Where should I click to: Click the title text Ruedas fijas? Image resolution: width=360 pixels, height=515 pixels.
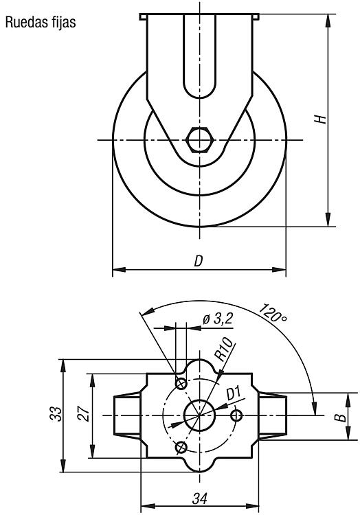click(41, 23)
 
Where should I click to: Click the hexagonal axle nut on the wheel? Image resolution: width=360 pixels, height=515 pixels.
click(200, 140)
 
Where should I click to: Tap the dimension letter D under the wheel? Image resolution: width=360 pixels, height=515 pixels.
click(198, 261)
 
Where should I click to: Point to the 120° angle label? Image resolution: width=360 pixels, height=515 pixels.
click(273, 314)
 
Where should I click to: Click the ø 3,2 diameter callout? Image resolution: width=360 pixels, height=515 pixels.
click(218, 319)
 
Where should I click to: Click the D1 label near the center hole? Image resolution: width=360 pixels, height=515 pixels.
click(234, 393)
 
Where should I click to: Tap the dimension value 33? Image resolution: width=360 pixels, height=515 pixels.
click(56, 414)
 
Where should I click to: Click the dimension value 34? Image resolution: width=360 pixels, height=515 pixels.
click(200, 499)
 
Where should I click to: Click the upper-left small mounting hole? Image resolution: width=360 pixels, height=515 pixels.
click(181, 383)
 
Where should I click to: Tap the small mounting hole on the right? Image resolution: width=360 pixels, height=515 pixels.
click(236, 415)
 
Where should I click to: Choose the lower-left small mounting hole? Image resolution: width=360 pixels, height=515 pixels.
click(181, 447)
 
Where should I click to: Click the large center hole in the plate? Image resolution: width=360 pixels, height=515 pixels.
click(199, 415)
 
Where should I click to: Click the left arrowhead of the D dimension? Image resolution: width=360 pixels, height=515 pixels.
click(120, 270)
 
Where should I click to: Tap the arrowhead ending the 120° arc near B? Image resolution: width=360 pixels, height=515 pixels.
click(315, 408)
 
